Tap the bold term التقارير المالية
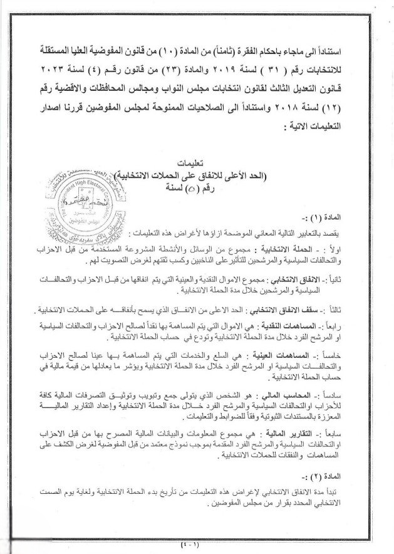coord(307,434)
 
